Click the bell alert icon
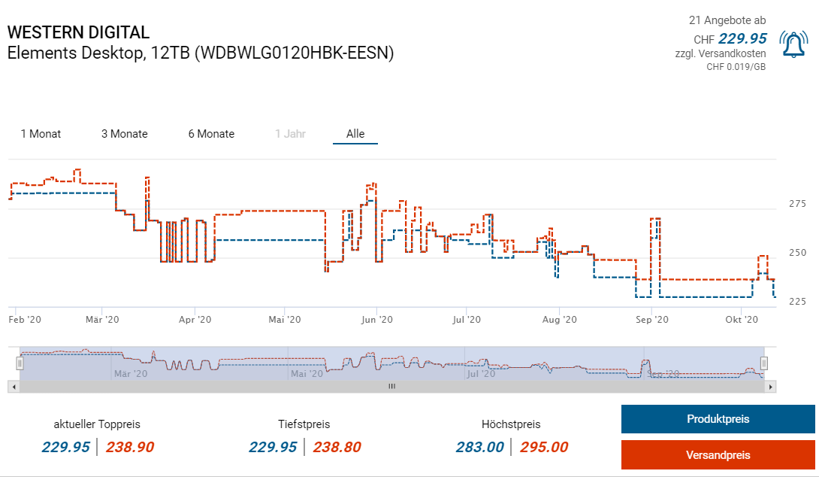[x=793, y=44]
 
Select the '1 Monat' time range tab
[x=41, y=134]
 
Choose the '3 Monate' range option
[x=125, y=134]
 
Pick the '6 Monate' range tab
[x=211, y=134]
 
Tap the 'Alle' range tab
[x=355, y=134]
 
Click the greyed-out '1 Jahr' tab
[x=290, y=134]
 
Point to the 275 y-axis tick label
[x=797, y=204]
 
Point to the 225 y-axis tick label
[x=797, y=302]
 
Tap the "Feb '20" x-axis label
[x=25, y=320]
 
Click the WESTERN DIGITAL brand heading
[x=78, y=32]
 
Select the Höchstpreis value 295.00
[x=544, y=447]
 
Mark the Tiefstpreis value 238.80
[x=337, y=447]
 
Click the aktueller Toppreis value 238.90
[x=130, y=447]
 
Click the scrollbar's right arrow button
[x=770, y=386]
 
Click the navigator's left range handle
[x=20, y=363]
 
